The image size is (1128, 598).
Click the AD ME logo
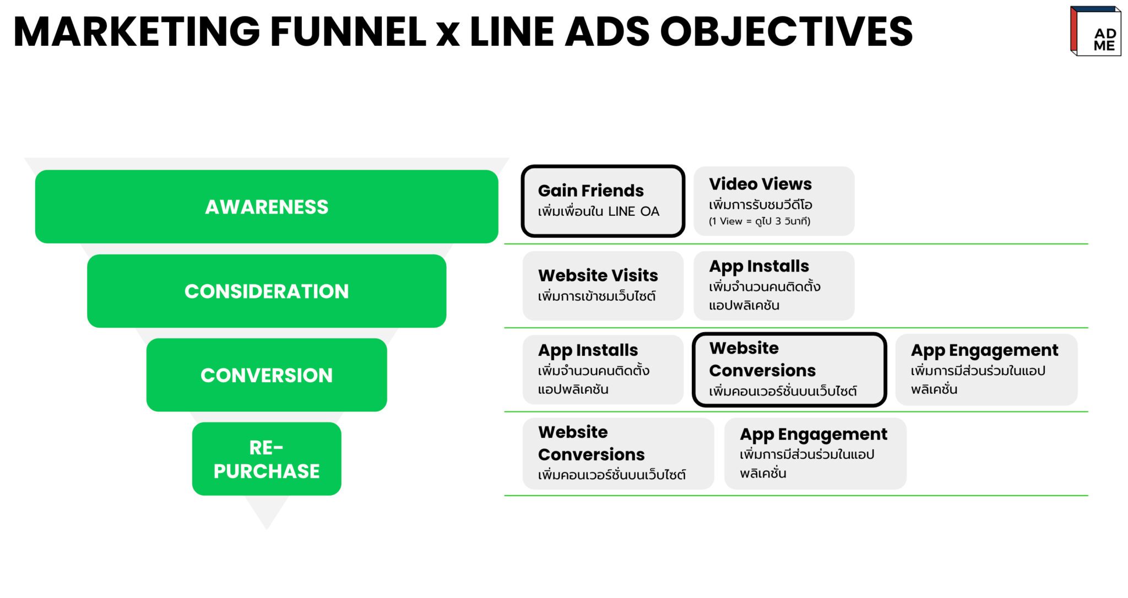tap(1095, 31)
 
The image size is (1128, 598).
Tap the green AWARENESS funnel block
tap(267, 206)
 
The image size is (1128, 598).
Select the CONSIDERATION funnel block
tap(267, 291)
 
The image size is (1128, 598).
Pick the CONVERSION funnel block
tap(267, 375)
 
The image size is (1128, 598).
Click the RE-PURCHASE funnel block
tap(267, 459)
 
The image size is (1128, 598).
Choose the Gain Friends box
tap(603, 201)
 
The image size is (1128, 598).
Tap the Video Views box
tap(773, 201)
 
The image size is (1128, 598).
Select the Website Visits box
tap(603, 285)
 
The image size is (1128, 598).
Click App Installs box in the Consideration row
tap(773, 285)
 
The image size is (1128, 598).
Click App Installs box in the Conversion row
tap(603, 369)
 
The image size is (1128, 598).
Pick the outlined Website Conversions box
tap(789, 369)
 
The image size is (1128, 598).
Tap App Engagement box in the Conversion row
tap(986, 369)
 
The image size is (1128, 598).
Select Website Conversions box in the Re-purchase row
tap(618, 453)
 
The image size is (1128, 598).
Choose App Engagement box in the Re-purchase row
tap(815, 453)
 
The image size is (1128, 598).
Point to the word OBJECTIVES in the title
tap(786, 31)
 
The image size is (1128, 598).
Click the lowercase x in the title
tap(447, 34)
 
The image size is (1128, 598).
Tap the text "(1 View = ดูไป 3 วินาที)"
tap(760, 221)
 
